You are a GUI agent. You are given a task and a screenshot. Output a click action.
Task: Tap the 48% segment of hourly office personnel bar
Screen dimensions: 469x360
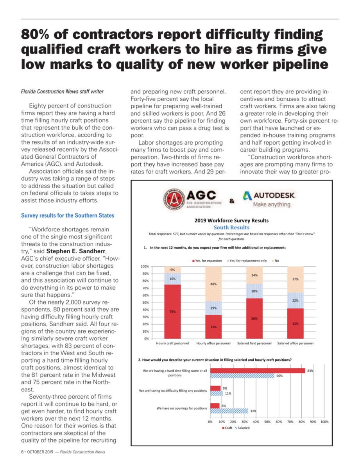213,284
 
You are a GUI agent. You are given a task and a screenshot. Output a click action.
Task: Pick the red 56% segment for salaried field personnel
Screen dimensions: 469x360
254,318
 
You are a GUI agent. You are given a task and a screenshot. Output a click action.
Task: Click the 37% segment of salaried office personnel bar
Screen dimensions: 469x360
296,279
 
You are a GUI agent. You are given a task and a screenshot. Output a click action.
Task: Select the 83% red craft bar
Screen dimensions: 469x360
258,371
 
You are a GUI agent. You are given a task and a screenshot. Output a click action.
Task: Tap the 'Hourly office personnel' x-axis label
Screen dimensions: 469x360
213,343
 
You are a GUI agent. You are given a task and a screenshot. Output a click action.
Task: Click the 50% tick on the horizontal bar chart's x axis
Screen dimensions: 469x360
268,422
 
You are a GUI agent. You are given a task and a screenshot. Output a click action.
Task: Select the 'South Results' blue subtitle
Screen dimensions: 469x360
231,227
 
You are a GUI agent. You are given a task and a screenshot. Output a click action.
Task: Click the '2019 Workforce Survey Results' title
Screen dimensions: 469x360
231,220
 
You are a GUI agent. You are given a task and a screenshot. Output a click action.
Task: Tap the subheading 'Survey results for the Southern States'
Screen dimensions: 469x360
67,215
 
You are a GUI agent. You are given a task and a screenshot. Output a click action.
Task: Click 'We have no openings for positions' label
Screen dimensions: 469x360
182,408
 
